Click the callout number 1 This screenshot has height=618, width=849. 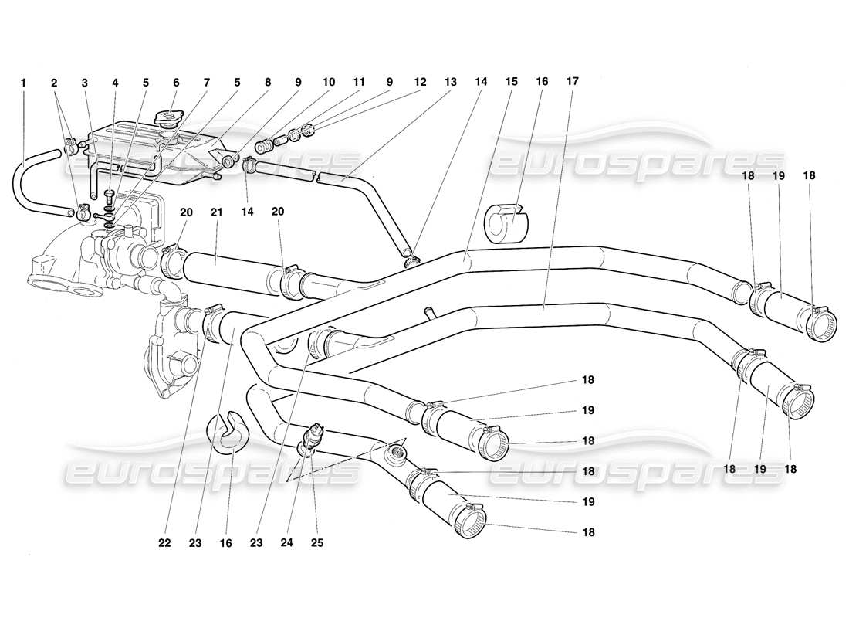tap(24, 82)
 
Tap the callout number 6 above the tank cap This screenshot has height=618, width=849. tap(176, 82)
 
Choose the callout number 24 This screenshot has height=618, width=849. tap(289, 542)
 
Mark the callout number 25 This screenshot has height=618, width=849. tap(316, 542)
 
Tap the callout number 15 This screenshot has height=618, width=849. tap(511, 82)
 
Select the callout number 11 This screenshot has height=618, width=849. tap(359, 82)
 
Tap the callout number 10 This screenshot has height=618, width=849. tap(329, 82)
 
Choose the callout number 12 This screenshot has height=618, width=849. tap(420, 82)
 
